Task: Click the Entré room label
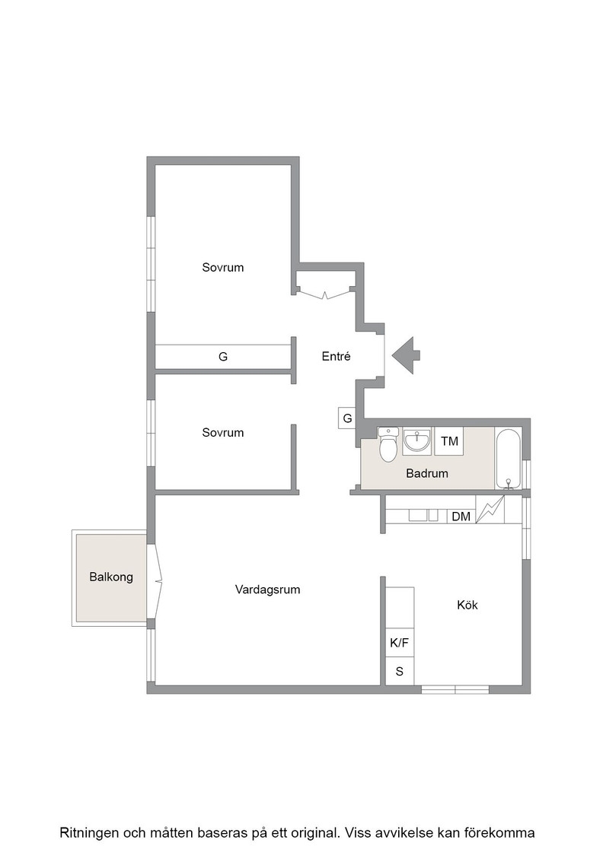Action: pos(336,357)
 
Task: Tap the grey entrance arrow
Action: pos(406,356)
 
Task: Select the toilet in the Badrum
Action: pos(388,444)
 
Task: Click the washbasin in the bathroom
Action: pos(417,440)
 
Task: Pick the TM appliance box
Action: pos(449,440)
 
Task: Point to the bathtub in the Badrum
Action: pos(509,458)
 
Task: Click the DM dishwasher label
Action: pos(461,517)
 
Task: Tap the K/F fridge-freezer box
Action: pos(400,643)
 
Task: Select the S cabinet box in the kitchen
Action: pos(400,672)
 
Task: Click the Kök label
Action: pos(467,605)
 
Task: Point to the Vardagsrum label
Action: pos(267,590)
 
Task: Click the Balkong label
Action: pos(111,577)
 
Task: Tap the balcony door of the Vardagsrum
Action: pos(155,581)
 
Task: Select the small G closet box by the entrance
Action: pos(347,418)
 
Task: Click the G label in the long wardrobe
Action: pos(223,357)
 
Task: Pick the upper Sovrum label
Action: pos(223,267)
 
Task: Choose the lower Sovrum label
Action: pos(223,433)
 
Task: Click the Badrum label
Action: pos(427,473)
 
